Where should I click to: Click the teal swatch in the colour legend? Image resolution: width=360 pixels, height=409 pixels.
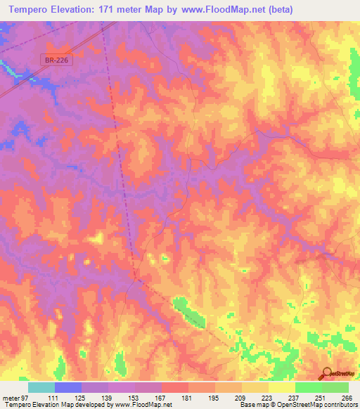[x=41, y=387]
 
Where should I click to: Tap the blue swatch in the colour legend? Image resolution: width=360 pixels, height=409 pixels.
[x=67, y=387]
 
